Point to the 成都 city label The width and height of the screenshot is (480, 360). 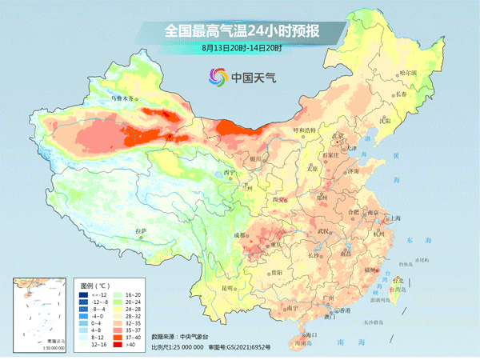(x=239, y=235)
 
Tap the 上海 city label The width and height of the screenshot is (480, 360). (x=394, y=218)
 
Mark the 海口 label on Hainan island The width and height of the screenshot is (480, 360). (x=311, y=334)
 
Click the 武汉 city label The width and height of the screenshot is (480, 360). (x=324, y=230)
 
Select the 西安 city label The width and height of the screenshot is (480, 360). (x=279, y=198)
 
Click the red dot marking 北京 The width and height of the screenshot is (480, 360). (x=339, y=142)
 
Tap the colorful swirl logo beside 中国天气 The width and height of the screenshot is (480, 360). (x=218, y=77)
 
